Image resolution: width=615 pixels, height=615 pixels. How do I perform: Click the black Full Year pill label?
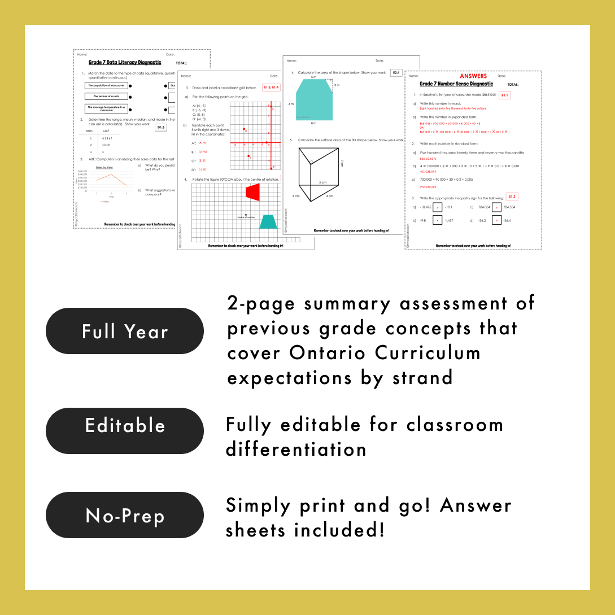pos(125,331)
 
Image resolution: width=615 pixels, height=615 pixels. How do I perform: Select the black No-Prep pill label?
pos(125,515)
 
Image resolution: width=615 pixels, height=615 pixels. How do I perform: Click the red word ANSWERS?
pos(473,76)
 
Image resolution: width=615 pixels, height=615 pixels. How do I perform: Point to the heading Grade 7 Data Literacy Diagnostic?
pos(125,63)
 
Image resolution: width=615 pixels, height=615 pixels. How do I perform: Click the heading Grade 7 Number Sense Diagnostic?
pos(456,84)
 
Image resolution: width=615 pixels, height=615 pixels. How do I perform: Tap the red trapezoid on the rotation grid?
pos(253,192)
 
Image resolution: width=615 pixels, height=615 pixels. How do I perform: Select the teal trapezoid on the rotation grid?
pos(268,221)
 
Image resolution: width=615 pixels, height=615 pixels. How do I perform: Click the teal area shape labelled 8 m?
pos(314,99)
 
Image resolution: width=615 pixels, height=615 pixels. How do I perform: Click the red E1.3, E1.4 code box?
pos(271,88)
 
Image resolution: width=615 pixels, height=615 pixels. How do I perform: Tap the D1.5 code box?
pos(161,128)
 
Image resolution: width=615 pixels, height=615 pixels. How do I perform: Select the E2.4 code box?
pos(396,73)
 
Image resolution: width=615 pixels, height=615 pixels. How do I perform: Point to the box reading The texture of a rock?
pos(106,97)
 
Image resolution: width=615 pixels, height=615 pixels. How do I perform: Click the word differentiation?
pos(296,450)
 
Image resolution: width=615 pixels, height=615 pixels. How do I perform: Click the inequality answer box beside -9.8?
pos(437,220)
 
